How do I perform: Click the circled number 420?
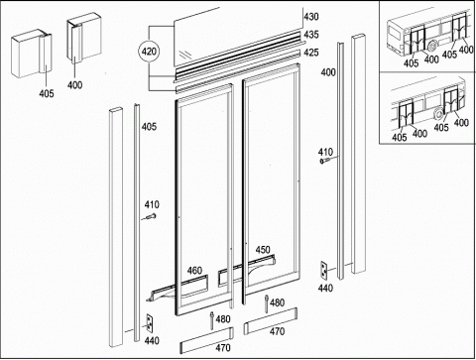click(x=149, y=52)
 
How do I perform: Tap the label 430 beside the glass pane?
click(x=311, y=17)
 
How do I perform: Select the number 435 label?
click(x=311, y=35)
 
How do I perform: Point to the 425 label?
click(x=311, y=53)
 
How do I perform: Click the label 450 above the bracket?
click(x=263, y=250)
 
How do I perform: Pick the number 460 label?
click(x=194, y=271)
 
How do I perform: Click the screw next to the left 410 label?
click(x=151, y=217)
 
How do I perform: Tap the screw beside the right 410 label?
click(x=326, y=161)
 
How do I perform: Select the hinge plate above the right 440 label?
click(x=324, y=270)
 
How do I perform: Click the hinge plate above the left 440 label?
click(x=150, y=323)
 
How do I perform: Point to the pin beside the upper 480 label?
click(x=267, y=303)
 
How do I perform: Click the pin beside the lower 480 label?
click(x=212, y=320)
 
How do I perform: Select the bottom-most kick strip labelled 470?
click(x=206, y=340)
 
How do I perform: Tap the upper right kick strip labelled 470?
click(x=271, y=321)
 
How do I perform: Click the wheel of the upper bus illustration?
click(x=432, y=46)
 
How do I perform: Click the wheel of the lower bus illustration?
click(x=439, y=114)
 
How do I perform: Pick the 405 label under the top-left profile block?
click(x=47, y=93)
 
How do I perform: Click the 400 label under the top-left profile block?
click(x=74, y=85)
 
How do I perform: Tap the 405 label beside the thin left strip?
click(x=149, y=127)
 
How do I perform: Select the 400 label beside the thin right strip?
click(x=328, y=72)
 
